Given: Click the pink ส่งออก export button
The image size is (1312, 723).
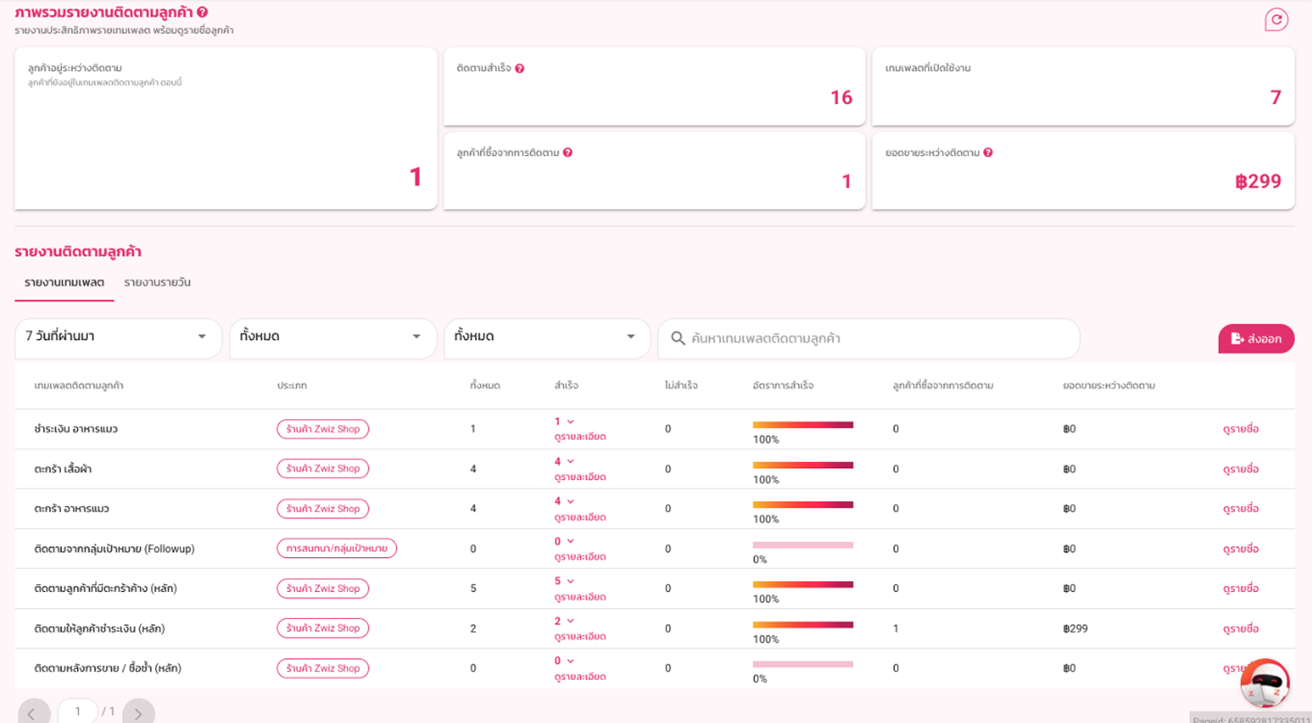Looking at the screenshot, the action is click(x=1256, y=339).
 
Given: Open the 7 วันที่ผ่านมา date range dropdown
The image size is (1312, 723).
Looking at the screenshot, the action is click(x=117, y=337).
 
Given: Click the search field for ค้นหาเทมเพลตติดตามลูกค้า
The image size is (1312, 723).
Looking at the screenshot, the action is click(x=869, y=339).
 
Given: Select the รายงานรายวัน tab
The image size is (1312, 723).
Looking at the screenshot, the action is click(x=157, y=283).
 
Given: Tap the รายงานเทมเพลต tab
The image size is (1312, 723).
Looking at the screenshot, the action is click(x=65, y=283).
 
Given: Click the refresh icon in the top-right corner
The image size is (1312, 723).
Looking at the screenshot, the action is click(x=1276, y=20).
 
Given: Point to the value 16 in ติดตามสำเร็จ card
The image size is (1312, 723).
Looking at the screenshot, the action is click(x=841, y=97).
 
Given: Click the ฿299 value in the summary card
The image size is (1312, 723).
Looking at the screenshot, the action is click(x=1258, y=181).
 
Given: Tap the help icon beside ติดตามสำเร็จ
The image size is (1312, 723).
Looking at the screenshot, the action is click(x=519, y=68).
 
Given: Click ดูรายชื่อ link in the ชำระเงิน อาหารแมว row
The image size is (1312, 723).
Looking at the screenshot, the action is click(x=1240, y=429).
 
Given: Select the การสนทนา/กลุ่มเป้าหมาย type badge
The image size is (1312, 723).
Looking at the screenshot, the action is click(x=337, y=548).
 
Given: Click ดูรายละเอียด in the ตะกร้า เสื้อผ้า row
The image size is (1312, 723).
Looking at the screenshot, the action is click(x=580, y=477).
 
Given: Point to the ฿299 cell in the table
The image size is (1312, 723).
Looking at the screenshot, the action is click(x=1075, y=629).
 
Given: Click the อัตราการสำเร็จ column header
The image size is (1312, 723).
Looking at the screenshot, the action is click(x=783, y=386).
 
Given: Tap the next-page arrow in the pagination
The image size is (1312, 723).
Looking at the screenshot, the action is click(x=138, y=712).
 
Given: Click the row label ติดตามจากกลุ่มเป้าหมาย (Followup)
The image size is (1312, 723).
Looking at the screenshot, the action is click(x=114, y=549).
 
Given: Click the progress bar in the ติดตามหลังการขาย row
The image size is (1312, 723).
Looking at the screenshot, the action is click(x=803, y=665).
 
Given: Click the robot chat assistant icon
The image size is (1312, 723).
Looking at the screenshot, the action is click(x=1265, y=684).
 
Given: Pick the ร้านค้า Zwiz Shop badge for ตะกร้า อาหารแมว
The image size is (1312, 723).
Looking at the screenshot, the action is click(x=323, y=509).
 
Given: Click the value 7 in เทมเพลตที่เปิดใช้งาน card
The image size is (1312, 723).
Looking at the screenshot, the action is click(x=1276, y=97).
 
